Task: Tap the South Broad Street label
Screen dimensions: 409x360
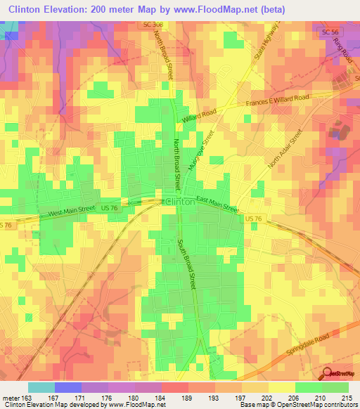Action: click(x=186, y=266)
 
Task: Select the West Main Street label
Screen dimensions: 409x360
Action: click(x=71, y=211)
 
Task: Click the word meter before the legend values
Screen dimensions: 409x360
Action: click(x=12, y=398)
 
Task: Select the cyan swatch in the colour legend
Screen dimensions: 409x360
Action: click(x=41, y=387)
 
